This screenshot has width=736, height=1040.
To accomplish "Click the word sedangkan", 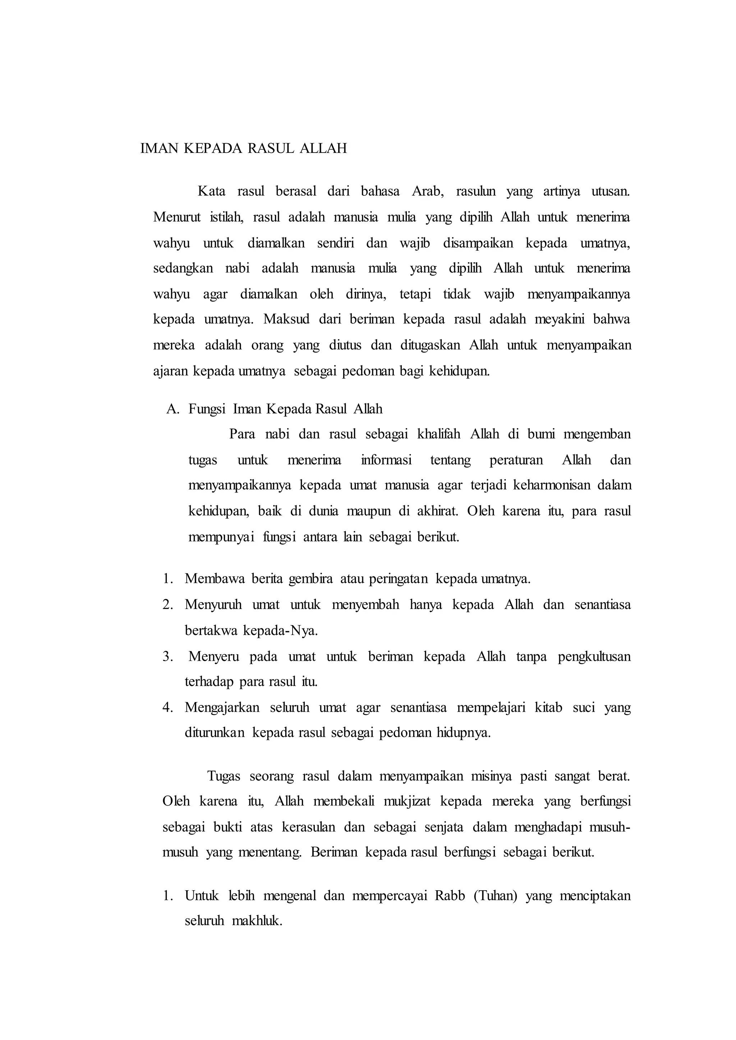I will tap(183, 269).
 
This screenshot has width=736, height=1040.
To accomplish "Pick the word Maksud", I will tap(286, 320).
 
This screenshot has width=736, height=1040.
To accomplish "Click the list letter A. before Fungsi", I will tap(173, 409).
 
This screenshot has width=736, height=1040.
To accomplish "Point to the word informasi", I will tap(386, 460).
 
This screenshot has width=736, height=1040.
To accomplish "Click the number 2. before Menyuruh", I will tap(168, 605).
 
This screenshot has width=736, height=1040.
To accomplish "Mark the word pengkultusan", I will tap(594, 656).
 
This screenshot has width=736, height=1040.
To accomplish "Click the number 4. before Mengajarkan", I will tap(168, 707).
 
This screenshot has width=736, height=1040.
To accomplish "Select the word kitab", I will tap(548, 707).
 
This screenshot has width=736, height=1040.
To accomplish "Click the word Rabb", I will tap(450, 896).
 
